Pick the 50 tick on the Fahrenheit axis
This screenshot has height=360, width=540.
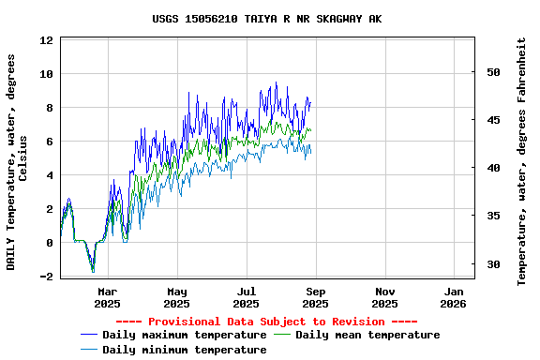click(x=494, y=72)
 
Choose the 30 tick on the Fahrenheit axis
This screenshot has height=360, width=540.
click(x=494, y=264)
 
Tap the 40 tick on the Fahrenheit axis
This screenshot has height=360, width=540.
click(x=494, y=168)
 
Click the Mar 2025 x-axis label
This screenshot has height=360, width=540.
click(x=108, y=297)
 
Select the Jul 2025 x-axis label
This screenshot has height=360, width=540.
click(x=247, y=297)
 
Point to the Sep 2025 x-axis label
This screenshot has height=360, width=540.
click(x=316, y=297)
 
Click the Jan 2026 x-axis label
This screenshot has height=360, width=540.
click(x=454, y=297)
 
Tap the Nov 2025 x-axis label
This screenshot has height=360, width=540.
click(x=385, y=297)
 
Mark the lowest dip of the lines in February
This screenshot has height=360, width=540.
click(x=93, y=271)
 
